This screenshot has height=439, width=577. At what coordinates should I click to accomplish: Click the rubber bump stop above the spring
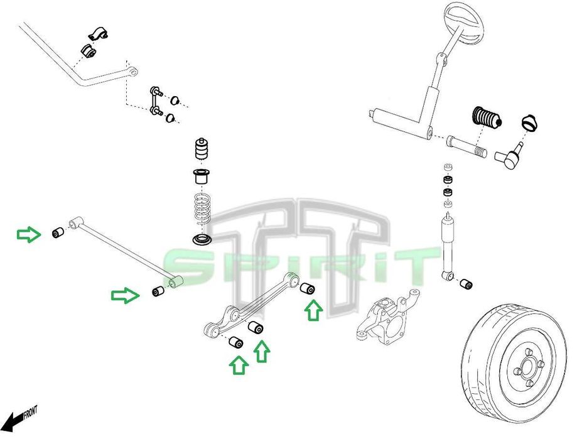click(202, 151)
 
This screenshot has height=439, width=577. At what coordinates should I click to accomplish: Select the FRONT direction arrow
click(19, 417)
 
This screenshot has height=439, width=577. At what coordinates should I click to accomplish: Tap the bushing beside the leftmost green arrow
click(58, 232)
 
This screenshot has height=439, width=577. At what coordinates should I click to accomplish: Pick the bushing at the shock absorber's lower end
click(466, 285)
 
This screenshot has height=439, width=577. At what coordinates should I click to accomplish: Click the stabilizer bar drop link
click(155, 102)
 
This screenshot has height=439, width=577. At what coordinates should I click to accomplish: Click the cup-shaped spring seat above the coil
click(202, 176)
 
